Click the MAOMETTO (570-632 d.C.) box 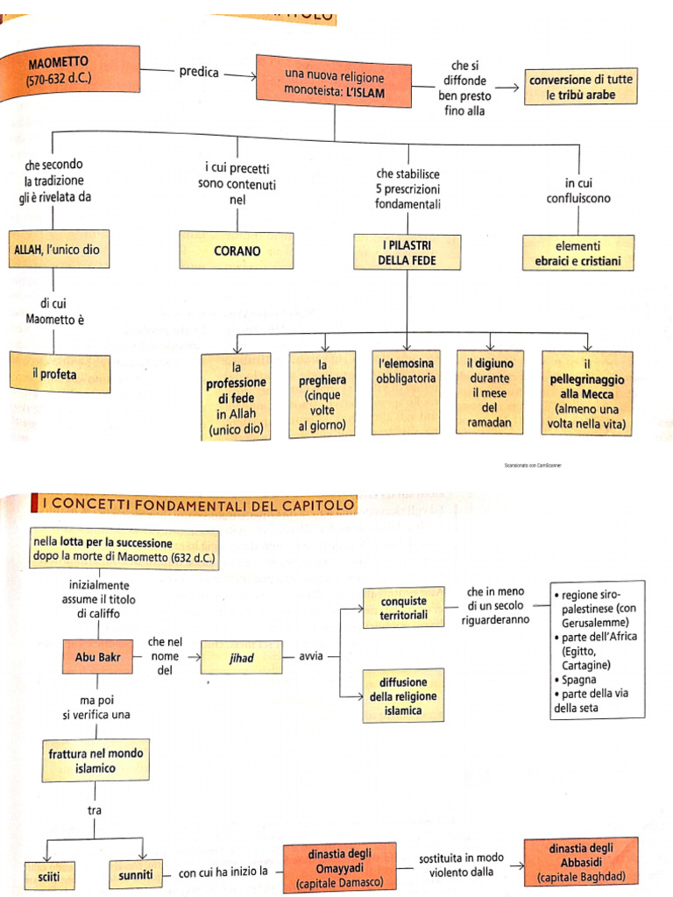[x=70, y=71]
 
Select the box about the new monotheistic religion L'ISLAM [x=334, y=81]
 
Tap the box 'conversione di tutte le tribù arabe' [x=581, y=87]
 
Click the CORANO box [x=237, y=251]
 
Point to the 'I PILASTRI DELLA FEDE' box [x=407, y=252]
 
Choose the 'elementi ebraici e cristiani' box [x=578, y=253]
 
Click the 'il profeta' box [x=60, y=373]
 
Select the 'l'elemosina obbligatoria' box [x=406, y=392]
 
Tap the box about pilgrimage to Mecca [x=586, y=393]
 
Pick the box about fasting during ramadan [x=489, y=392]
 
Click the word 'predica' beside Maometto [x=199, y=72]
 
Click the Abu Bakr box [x=97, y=657]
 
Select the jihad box [x=242, y=657]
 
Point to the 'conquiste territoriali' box [x=403, y=608]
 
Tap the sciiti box [x=50, y=876]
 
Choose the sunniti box [x=136, y=874]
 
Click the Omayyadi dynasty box [x=340, y=868]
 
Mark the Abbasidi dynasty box [x=581, y=863]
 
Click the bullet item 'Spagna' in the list [x=575, y=680]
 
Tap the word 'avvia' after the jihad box [x=311, y=656]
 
